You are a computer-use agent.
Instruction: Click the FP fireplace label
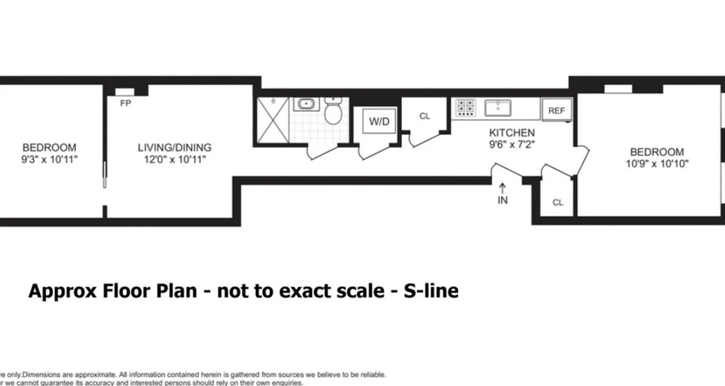(126, 103)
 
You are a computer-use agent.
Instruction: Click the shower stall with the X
(273, 120)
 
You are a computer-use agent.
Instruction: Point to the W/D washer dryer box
(379, 122)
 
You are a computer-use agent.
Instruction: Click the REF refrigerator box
(556, 110)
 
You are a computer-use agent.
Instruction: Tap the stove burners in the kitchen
(466, 108)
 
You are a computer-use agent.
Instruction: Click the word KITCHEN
(512, 133)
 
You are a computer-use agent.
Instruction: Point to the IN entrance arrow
(503, 193)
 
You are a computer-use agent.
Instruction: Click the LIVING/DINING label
(174, 148)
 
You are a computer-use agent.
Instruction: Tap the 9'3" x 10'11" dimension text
(50, 160)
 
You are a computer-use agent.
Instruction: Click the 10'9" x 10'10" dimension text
(657, 164)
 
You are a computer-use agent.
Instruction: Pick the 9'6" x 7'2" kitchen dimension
(512, 144)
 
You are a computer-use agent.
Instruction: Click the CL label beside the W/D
(424, 116)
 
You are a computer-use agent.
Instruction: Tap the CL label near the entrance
(558, 203)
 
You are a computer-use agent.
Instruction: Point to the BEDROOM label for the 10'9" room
(657, 152)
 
